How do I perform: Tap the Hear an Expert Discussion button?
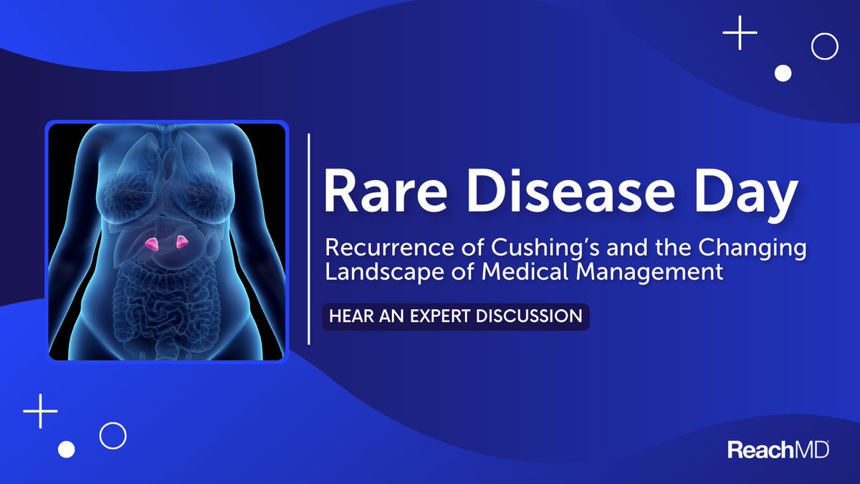coord(455,316)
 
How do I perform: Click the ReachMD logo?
coord(778,450)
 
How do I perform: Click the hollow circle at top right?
coord(824,47)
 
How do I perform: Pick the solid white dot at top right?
coord(783,72)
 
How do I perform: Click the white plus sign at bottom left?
coord(40,411)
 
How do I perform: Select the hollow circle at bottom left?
coord(113,435)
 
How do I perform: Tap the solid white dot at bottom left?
coord(66,449)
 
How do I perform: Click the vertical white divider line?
coord(309,239)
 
